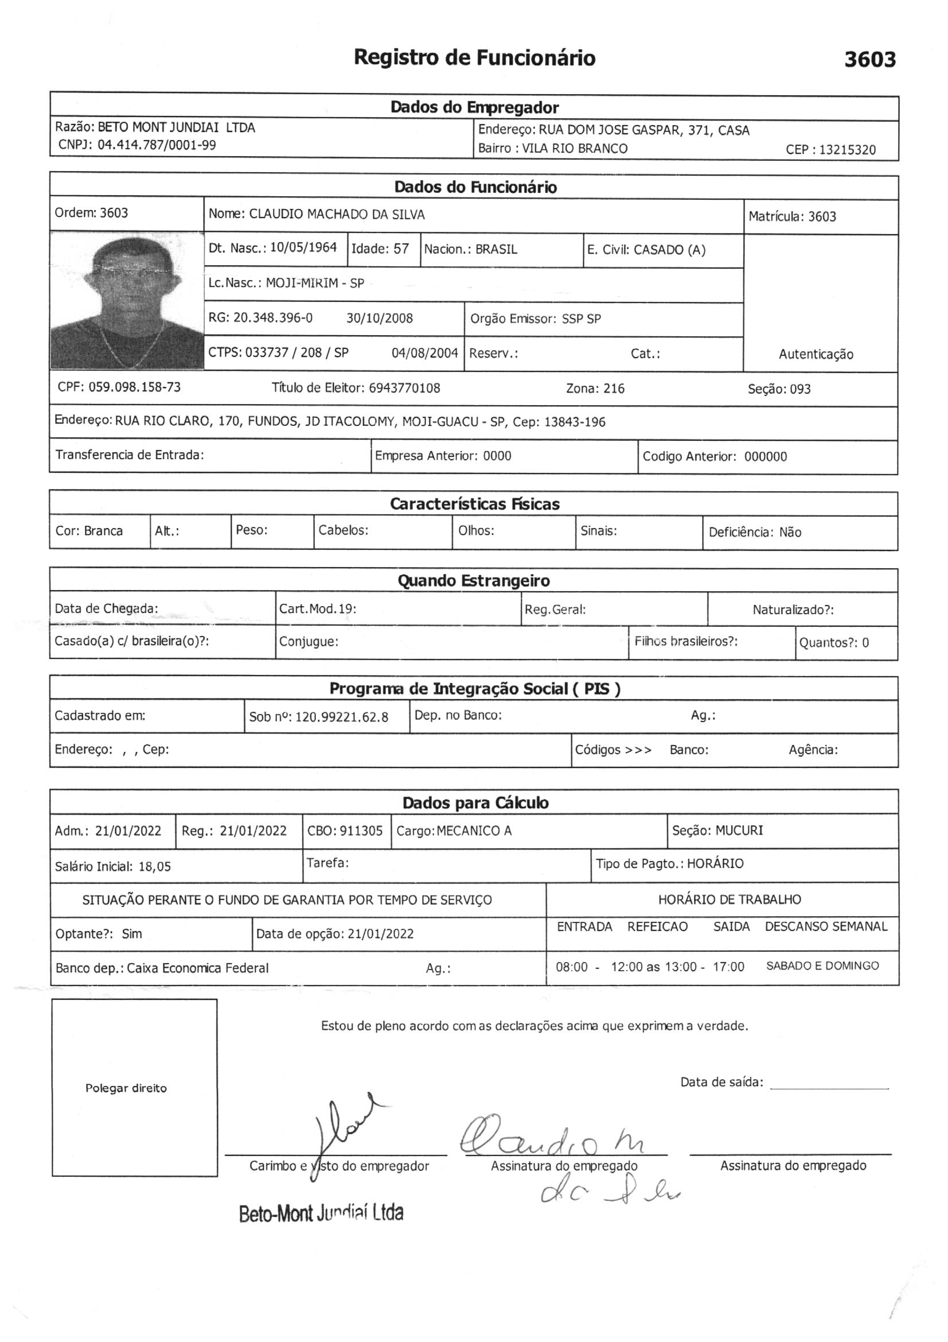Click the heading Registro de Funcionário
pos(474,58)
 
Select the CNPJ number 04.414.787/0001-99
pos(157,145)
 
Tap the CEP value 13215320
pos(847,150)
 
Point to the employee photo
pos(127,300)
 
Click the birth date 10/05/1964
pos(303,247)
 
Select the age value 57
pos(401,249)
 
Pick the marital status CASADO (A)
pos(669,250)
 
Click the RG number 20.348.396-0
pos(273,318)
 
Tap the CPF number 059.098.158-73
pos(134,387)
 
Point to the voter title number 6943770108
pos(404,388)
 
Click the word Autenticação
pos(816,354)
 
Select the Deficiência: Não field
pos(755,533)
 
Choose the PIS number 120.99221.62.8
pos(342,717)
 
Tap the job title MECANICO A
pos(474,831)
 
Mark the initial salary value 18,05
pos(155,866)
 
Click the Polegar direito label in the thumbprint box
pos(126,1088)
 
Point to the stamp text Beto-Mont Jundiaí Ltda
pos(321,1213)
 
